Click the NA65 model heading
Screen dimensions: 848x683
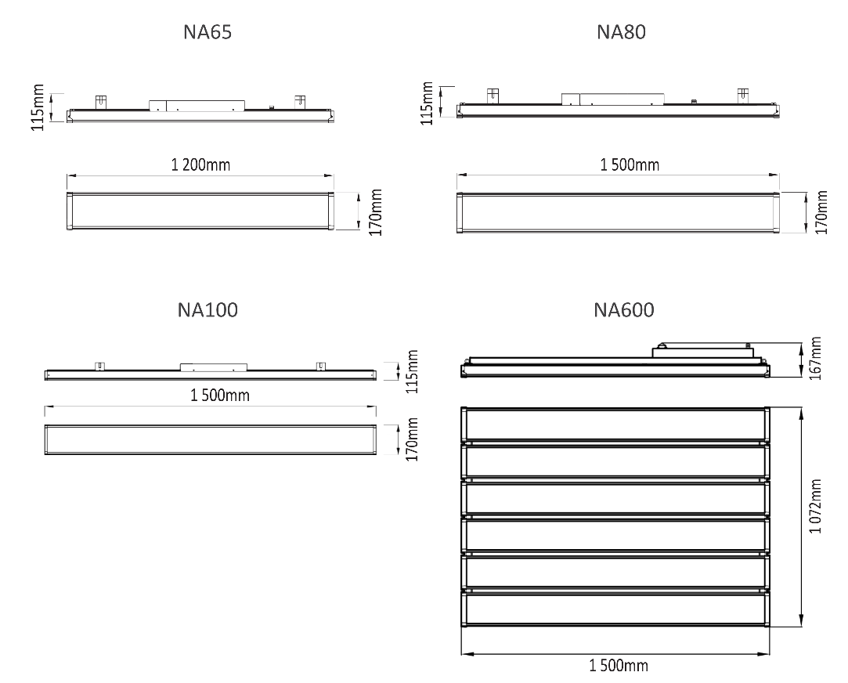point(207,32)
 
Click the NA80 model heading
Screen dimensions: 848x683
point(622,32)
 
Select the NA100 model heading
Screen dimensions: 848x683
point(207,310)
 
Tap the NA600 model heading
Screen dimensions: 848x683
point(624,310)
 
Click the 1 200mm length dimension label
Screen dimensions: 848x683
point(200,164)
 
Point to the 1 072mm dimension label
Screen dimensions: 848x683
point(816,506)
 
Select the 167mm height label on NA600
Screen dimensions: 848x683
point(816,359)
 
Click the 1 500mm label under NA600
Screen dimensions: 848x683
point(619,665)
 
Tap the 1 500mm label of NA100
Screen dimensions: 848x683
point(220,396)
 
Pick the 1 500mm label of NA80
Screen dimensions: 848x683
point(630,164)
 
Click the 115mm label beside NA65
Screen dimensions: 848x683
point(38,107)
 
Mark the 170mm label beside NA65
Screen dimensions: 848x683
point(376,212)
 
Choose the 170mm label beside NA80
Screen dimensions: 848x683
point(821,212)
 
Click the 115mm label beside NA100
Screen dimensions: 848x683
point(412,371)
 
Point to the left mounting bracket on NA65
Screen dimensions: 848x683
point(101,101)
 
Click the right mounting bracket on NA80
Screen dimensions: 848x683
point(743,95)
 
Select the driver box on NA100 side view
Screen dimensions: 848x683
point(214,367)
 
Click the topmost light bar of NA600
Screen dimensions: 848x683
point(615,425)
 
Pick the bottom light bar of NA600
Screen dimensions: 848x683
point(615,609)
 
